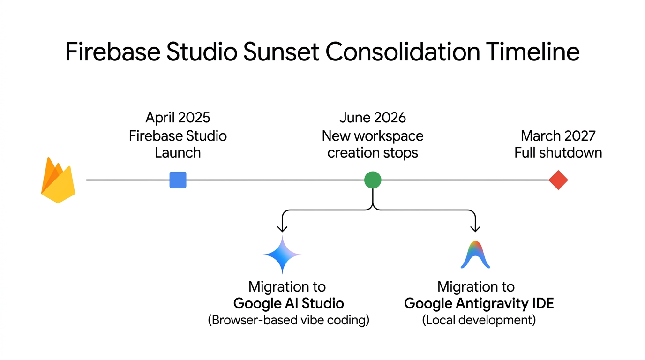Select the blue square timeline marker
(x=178, y=180)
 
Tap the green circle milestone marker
(x=373, y=180)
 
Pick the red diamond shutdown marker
(x=558, y=180)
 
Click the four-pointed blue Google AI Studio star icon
(x=282, y=255)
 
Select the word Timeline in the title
(x=532, y=52)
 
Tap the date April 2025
(x=178, y=117)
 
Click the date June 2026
(x=373, y=117)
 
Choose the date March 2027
(x=558, y=136)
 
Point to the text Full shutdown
(x=558, y=153)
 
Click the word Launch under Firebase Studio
(x=178, y=153)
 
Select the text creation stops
(x=373, y=153)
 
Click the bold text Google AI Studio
(x=288, y=303)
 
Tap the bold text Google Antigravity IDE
(x=479, y=303)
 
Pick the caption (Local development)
(x=479, y=320)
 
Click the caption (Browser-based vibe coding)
(x=288, y=320)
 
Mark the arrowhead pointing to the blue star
(x=282, y=229)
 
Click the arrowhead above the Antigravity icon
(x=475, y=229)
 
